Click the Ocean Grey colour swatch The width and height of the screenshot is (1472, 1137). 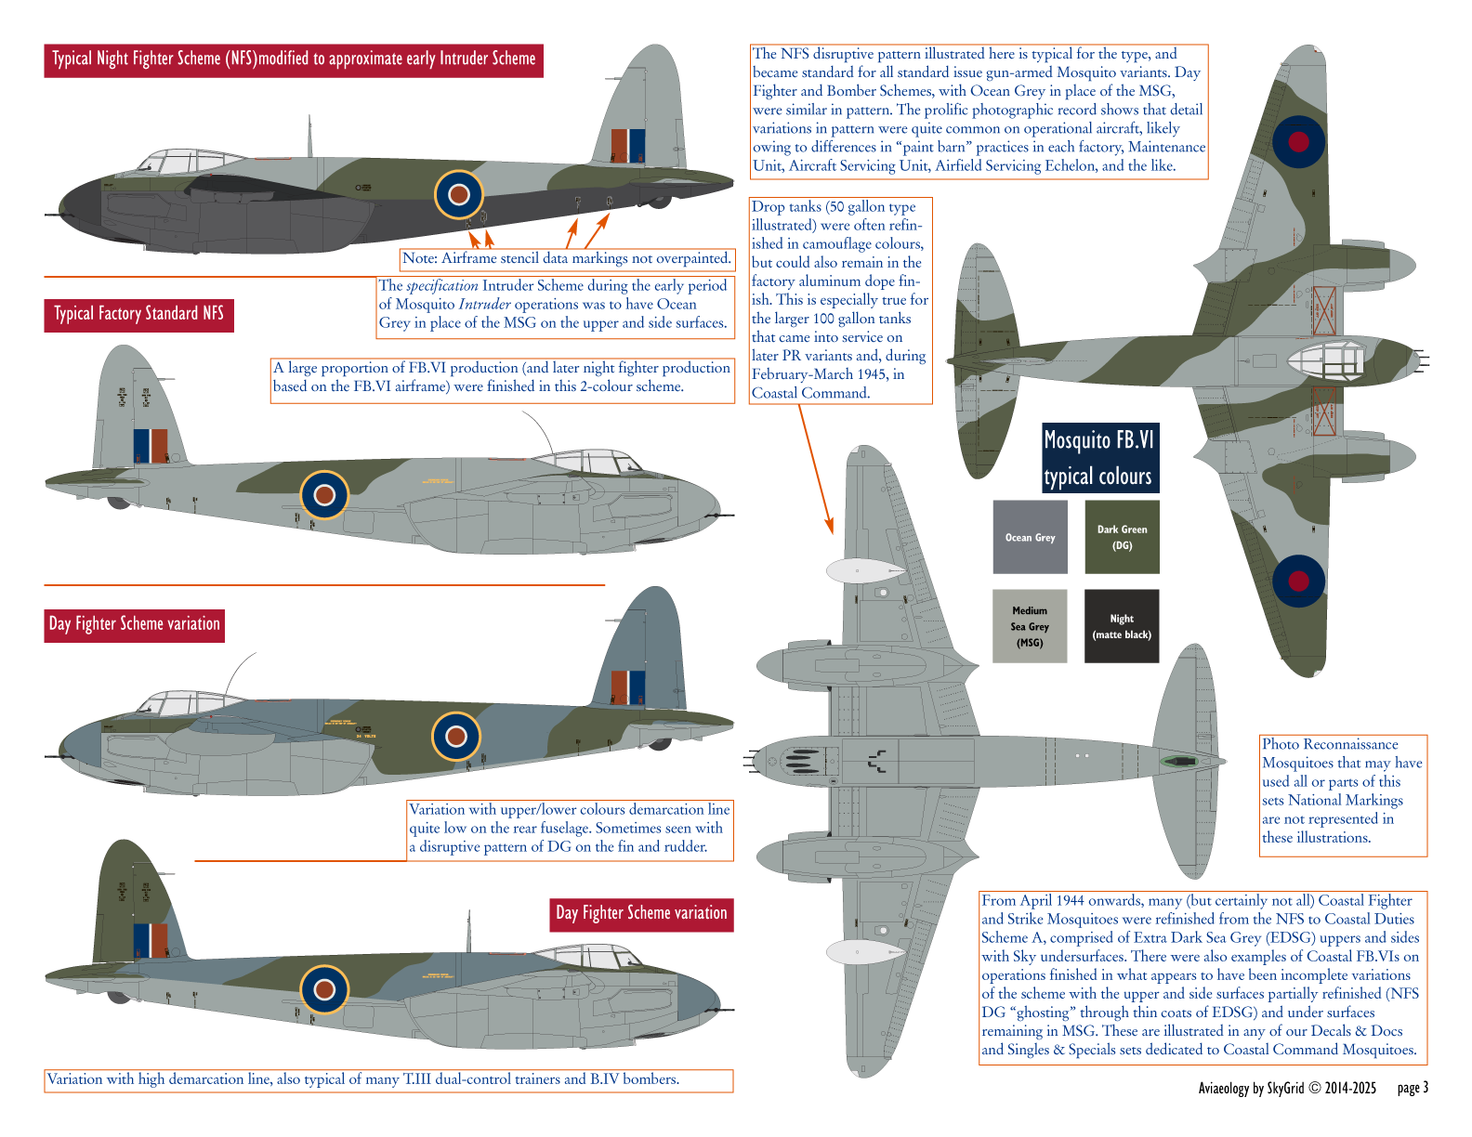[x=1030, y=537]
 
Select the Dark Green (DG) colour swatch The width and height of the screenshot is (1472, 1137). [x=1122, y=537]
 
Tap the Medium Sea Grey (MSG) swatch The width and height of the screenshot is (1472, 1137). [x=1030, y=626]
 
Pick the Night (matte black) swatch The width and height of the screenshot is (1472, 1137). [x=1122, y=626]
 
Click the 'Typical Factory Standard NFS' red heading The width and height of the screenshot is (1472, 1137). [x=138, y=314]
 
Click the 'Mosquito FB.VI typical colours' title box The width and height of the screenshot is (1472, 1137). [x=1099, y=457]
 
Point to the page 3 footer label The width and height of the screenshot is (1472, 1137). [x=1413, y=1088]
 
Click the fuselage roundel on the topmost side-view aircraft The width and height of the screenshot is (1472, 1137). [x=459, y=194]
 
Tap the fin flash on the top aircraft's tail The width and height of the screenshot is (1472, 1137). [x=628, y=146]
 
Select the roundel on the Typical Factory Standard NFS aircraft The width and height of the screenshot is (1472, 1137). [x=324, y=494]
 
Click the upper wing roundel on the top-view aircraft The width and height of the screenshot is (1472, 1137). [x=1298, y=141]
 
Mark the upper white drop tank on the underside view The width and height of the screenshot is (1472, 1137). [x=864, y=570]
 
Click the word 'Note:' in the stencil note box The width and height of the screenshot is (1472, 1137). [x=420, y=258]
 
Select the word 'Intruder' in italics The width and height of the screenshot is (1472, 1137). [x=484, y=305]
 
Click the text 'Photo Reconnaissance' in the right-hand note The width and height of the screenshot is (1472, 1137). [x=1329, y=744]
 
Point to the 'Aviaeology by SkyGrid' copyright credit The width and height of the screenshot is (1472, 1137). [x=1287, y=1088]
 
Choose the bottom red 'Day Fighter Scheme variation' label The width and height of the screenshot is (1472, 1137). [x=641, y=913]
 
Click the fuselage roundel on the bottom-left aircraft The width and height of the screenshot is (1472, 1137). [x=324, y=988]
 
